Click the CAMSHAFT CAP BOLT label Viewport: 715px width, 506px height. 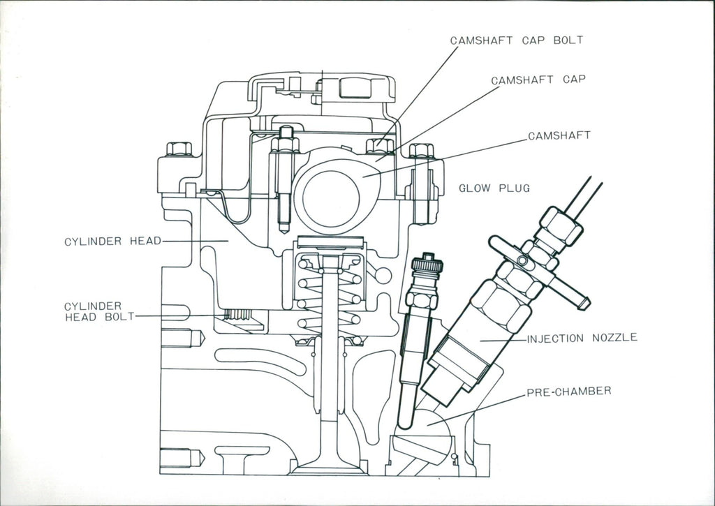pyautogui.click(x=516, y=40)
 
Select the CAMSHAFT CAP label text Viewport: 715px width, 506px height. pyautogui.click(x=538, y=80)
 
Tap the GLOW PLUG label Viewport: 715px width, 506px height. pyautogui.click(x=494, y=188)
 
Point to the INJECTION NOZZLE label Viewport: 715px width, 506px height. pyautogui.click(x=582, y=338)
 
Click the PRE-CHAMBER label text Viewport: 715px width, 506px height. pyautogui.click(x=568, y=391)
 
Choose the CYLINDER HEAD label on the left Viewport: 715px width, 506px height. pyautogui.click(x=112, y=241)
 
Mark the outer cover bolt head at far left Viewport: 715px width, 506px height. pyautogui.click(x=179, y=149)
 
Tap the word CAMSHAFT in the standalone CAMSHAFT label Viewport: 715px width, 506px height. pyautogui.click(x=559, y=135)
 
